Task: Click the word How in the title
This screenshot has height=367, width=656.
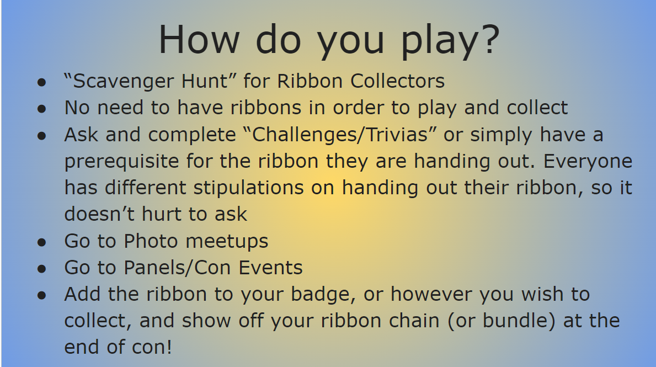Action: point(199,40)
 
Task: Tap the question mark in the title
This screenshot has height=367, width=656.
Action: point(486,40)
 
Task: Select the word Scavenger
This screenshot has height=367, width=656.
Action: point(121,82)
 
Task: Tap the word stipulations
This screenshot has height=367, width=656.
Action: point(248,188)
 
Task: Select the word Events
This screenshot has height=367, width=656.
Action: point(271,268)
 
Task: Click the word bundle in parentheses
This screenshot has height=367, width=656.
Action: point(522,321)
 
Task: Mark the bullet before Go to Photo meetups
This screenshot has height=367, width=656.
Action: point(41,242)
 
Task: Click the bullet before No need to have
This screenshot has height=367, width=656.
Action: point(41,109)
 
